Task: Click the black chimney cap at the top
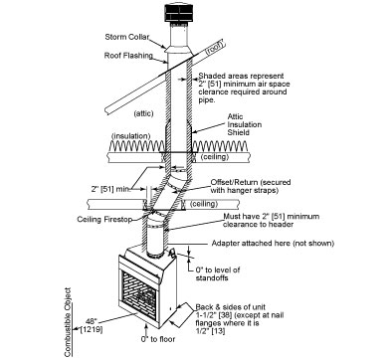[179, 14]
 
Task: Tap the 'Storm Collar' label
[127, 37]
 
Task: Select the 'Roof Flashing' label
[128, 56]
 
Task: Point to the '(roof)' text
[215, 48]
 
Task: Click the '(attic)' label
[143, 113]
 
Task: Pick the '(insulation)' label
[131, 136]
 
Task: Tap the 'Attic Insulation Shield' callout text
[244, 124]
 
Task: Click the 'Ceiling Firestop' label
[104, 219]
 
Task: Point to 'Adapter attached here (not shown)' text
[273, 244]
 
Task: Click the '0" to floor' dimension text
[158, 339]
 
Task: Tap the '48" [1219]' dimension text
[91, 325]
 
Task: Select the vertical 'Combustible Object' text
[68, 322]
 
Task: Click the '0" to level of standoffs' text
[218, 273]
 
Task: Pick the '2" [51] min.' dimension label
[109, 189]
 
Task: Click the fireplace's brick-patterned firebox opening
[139, 292]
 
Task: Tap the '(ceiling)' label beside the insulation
[215, 156]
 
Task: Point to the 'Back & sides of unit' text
[230, 307]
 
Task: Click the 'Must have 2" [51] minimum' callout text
[272, 217]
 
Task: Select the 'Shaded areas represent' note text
[241, 76]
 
